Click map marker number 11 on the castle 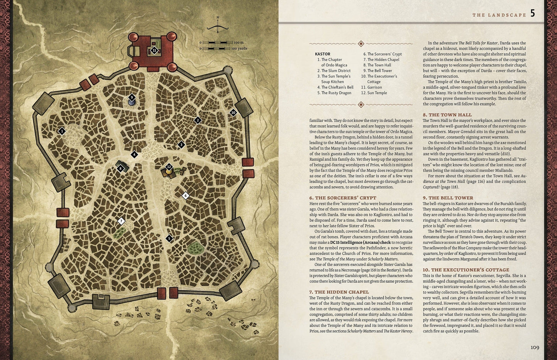[154, 50]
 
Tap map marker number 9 [132, 98]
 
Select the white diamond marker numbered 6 [185, 195]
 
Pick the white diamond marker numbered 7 [121, 221]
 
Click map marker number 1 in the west [62, 131]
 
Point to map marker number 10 [233, 113]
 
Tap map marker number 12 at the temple [169, 167]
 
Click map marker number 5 [168, 239]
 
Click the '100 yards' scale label [239, 49]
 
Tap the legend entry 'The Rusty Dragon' [336, 93]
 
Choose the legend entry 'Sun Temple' [377, 93]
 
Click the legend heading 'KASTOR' [322, 54]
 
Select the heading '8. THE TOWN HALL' [447, 115]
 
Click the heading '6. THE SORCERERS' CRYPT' [343, 198]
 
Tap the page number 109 [535, 348]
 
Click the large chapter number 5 [532, 14]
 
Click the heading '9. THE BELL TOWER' [448, 198]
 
